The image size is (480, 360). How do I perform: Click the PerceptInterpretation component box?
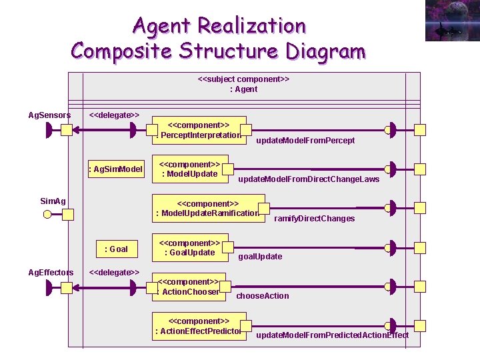pyautogui.click(x=200, y=130)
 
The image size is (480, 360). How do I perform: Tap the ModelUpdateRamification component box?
pyautogui.click(x=208, y=208)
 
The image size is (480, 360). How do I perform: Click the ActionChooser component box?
pyautogui.click(x=189, y=287)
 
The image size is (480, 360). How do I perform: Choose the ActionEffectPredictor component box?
pyautogui.click(x=198, y=326)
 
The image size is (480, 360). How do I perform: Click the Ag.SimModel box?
pyautogui.click(x=116, y=169)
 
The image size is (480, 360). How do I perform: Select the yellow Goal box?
pyautogui.click(x=116, y=249)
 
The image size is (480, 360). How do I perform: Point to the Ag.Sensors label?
pyautogui.click(x=49, y=115)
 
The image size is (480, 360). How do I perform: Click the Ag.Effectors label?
pyautogui.click(x=51, y=272)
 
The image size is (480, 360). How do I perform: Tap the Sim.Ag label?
pyautogui.click(x=53, y=201)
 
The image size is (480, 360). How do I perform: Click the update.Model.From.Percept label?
pyautogui.click(x=305, y=141)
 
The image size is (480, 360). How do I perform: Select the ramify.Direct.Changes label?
pyautogui.click(x=314, y=219)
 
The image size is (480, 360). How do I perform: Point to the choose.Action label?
pyautogui.click(x=263, y=296)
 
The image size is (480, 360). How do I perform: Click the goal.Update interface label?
pyautogui.click(x=260, y=257)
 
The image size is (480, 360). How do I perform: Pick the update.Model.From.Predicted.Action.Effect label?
pyautogui.click(x=332, y=335)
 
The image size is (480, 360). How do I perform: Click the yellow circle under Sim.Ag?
pyautogui.click(x=47, y=215)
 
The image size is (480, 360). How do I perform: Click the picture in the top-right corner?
pyautogui.click(x=451, y=21)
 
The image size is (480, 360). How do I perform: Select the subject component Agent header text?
pyautogui.click(x=243, y=84)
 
